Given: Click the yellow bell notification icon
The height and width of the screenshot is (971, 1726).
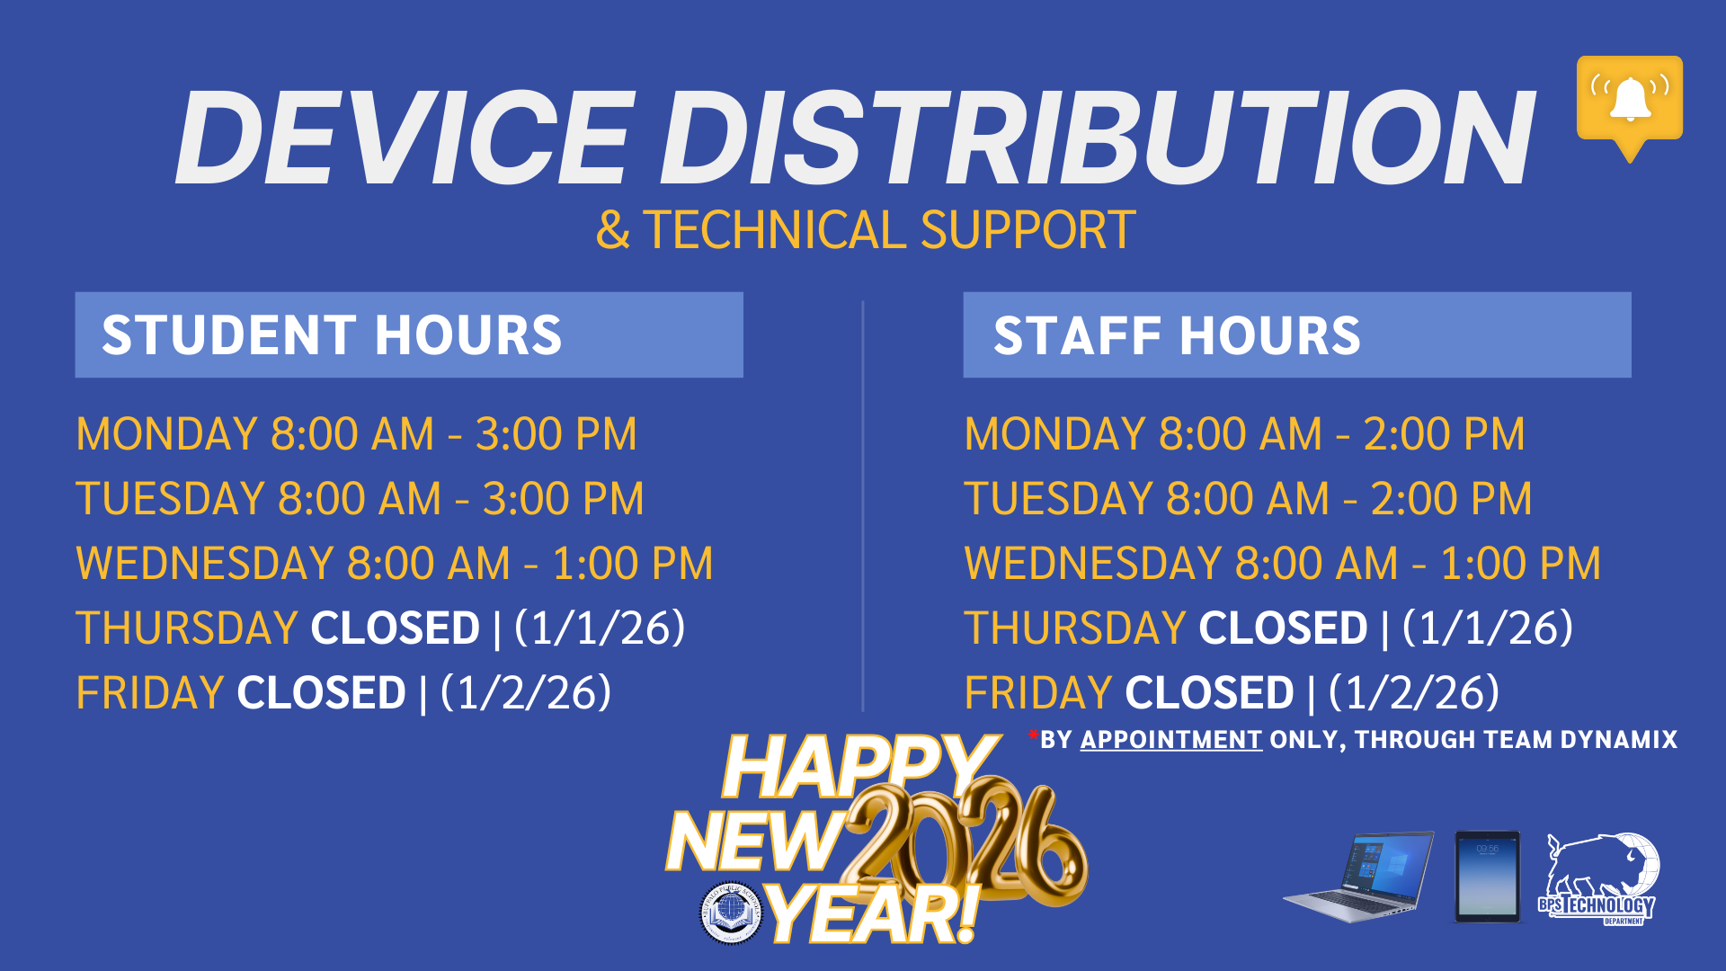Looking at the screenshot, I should pyautogui.click(x=1629, y=101).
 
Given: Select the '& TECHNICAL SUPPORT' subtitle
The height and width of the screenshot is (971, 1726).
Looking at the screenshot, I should pyautogui.click(x=865, y=230).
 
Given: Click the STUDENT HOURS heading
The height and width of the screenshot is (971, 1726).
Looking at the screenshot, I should pyautogui.click(x=331, y=335).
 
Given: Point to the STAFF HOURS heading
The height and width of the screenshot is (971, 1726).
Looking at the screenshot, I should pyautogui.click(x=1177, y=335).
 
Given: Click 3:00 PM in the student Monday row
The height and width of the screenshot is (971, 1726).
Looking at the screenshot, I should pyautogui.click(x=556, y=434).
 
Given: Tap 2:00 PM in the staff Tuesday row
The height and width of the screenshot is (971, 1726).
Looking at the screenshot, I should pyautogui.click(x=1451, y=499).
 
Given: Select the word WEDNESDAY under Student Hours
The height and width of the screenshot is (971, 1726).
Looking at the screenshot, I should pyautogui.click(x=205, y=564).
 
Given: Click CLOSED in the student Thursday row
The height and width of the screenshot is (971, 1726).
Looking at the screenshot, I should pyautogui.click(x=396, y=628).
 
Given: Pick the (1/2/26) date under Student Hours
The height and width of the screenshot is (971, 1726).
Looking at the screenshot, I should pyautogui.click(x=526, y=693).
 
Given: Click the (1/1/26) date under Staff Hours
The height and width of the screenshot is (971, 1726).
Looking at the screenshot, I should pyautogui.click(x=1488, y=628).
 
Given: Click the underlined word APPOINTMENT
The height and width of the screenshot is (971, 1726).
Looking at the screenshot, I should pyautogui.click(x=1170, y=740).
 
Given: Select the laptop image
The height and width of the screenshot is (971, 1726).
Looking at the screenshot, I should pyautogui.click(x=1359, y=877).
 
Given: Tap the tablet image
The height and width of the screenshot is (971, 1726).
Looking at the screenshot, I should pyautogui.click(x=1487, y=877).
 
